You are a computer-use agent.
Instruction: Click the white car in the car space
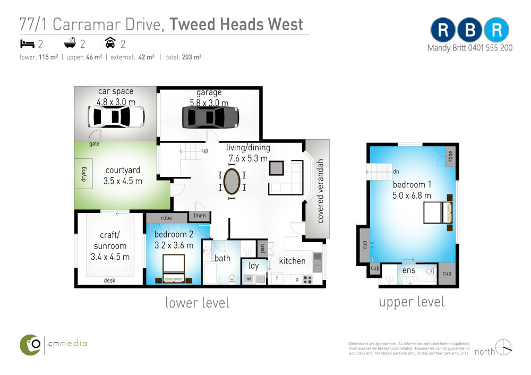pyautogui.click(x=116, y=116)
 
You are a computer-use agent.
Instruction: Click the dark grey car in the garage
pyautogui.click(x=210, y=117)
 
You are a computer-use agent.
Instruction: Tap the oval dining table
pyautogui.click(x=232, y=181)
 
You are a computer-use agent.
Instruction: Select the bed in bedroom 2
pyautogui.click(x=174, y=269)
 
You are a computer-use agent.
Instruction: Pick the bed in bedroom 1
pyautogui.click(x=438, y=212)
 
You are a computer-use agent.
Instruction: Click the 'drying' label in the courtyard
pyautogui.click(x=84, y=174)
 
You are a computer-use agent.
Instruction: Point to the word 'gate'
pyautogui.click(x=95, y=143)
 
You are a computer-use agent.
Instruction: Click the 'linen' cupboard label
pyautogui.click(x=200, y=216)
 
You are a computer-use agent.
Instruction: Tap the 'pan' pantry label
pyautogui.click(x=262, y=248)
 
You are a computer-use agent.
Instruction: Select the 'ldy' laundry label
pyautogui.click(x=253, y=266)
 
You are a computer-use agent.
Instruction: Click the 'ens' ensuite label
pyautogui.click(x=409, y=270)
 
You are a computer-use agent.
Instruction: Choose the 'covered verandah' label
pyautogui.click(x=320, y=191)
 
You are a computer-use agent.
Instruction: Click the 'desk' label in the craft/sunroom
pyautogui.click(x=109, y=280)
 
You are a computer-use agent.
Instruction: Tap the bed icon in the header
pyautogui.click(x=28, y=44)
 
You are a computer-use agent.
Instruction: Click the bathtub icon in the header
pyautogui.click(x=70, y=43)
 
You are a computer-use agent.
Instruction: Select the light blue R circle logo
pyautogui.click(x=496, y=30)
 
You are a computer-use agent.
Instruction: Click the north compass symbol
pyautogui.click(x=503, y=347)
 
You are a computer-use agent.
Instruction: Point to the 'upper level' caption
pyautogui.click(x=412, y=302)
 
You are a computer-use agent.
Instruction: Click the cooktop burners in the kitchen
pyautogui.click(x=307, y=279)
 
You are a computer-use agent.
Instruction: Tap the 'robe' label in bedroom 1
pyautogui.click(x=450, y=156)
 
